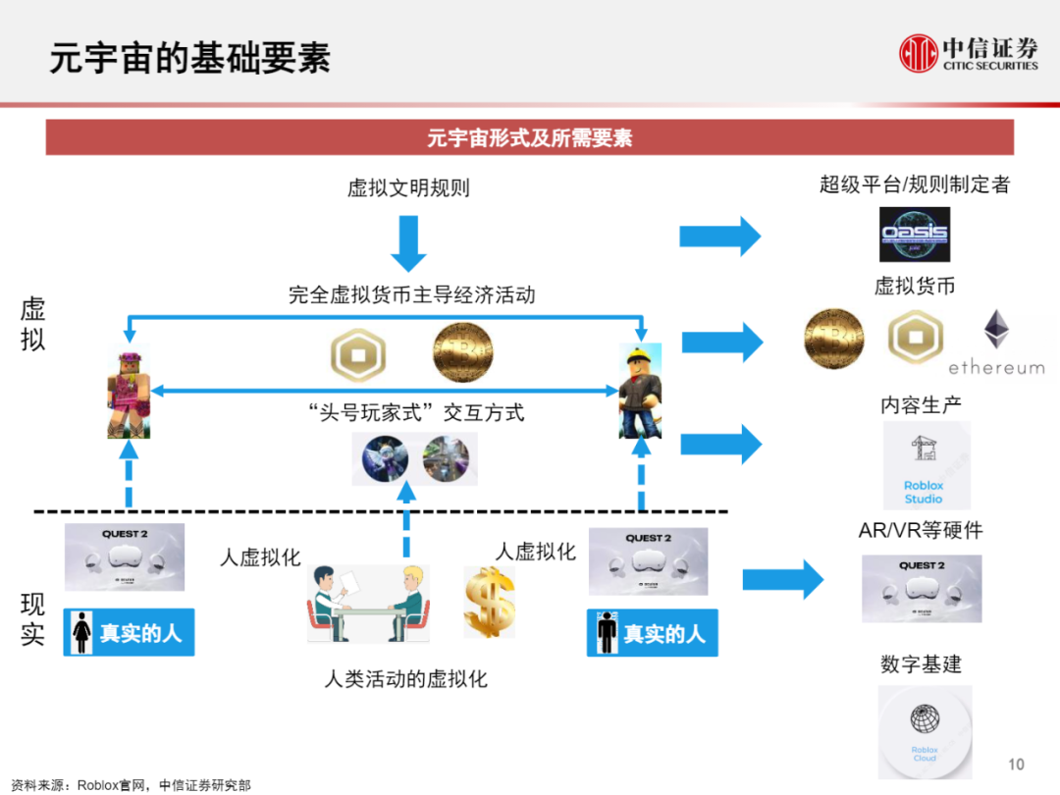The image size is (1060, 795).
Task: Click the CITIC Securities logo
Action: [x=969, y=53]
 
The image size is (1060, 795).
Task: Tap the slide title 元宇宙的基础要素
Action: [x=190, y=58]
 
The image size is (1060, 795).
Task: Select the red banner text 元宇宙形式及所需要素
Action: [x=529, y=138]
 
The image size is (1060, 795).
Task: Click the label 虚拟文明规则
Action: [x=408, y=187]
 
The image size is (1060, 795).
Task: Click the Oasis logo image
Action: [x=914, y=234]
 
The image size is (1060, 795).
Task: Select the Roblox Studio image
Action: [x=925, y=465]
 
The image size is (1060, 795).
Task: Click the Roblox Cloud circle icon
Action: [x=924, y=732]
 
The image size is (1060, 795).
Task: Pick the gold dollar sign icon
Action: [x=488, y=601]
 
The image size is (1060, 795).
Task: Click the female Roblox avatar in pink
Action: [x=129, y=393]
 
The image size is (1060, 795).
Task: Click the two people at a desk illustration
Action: [x=369, y=605]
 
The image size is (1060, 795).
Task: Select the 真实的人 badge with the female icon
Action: [x=129, y=633]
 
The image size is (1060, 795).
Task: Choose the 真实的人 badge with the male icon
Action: [x=652, y=633]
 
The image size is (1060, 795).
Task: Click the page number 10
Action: [x=1016, y=765]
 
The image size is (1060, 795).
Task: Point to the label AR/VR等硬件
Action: [x=920, y=531]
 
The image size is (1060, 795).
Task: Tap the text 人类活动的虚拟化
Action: [x=405, y=678]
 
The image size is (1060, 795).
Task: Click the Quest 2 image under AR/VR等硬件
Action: [x=921, y=589]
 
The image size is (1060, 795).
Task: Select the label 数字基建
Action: [x=921, y=664]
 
